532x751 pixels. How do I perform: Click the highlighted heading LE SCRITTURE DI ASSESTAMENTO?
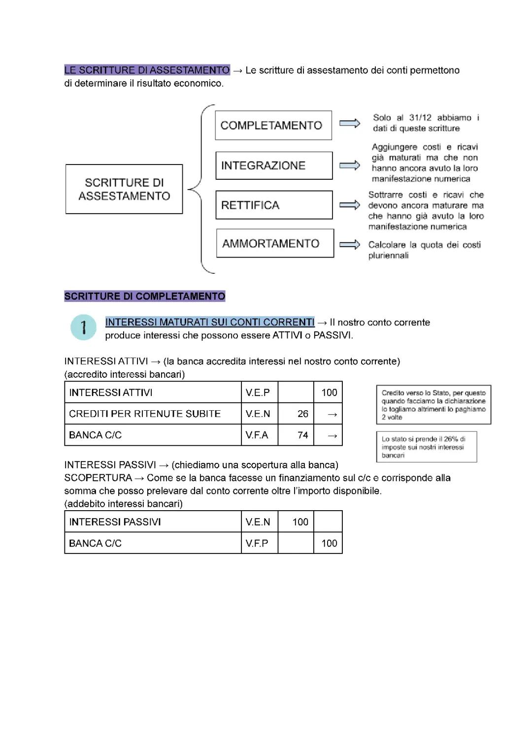tap(147, 70)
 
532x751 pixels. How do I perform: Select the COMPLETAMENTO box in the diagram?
tap(273, 126)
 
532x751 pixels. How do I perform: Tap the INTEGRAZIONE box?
tap(273, 165)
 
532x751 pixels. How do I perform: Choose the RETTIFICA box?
tap(273, 205)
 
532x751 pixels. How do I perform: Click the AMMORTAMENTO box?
tap(274, 243)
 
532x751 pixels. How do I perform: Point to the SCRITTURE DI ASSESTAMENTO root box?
tap(124, 189)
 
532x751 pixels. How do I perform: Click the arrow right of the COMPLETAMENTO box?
tap(350, 123)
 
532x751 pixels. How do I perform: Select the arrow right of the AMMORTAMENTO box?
tap(350, 244)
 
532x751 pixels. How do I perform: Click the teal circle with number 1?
tap(83, 327)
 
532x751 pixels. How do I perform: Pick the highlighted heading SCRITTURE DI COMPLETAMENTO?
tap(144, 296)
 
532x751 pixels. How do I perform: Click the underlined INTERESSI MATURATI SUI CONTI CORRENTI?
tap(209, 322)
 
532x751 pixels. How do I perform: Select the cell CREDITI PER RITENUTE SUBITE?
tap(153, 414)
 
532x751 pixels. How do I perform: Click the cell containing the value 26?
tap(296, 414)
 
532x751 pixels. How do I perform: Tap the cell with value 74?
tap(296, 435)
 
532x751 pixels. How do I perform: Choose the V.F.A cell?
tap(260, 435)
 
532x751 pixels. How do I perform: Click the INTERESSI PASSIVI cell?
tap(153, 522)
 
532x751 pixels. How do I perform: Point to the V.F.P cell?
tap(260, 543)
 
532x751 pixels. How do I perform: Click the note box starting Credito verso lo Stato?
tap(433, 405)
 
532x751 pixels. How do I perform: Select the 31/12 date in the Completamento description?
tap(420, 118)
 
